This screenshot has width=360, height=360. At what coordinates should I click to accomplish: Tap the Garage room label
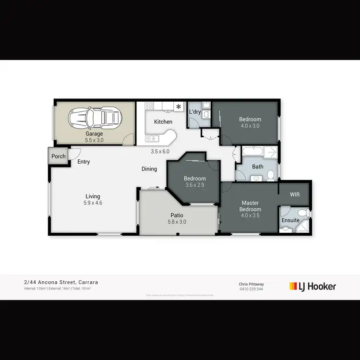pos(94,134)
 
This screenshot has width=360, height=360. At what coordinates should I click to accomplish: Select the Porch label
pos(59,156)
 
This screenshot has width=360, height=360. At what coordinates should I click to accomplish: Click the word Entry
pos(84,162)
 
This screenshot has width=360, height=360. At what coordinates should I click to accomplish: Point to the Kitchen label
pos(163,122)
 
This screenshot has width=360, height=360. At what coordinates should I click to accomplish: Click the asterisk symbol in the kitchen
pos(179,106)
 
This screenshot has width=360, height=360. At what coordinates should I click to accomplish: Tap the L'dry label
pos(194,112)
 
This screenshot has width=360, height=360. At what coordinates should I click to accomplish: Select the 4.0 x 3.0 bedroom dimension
pos(250,126)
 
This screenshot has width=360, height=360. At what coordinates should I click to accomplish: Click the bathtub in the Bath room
pos(252,153)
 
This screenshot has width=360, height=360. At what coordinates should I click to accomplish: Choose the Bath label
pos(258,167)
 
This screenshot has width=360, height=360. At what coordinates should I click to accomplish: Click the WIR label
pos(295,195)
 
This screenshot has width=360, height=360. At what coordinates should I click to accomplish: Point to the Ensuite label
pos(290,220)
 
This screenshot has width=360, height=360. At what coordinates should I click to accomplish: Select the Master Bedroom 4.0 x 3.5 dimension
pos(251,216)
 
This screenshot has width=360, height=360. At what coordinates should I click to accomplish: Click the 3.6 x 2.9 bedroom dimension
pos(194,185)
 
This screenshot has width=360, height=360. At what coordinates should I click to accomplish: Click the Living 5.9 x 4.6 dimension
pos(93,203)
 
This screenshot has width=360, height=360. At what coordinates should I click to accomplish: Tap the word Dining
pos(149,169)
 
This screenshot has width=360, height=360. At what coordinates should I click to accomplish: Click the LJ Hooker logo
pos(312,287)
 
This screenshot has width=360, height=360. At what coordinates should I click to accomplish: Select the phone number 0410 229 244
pos(251,289)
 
